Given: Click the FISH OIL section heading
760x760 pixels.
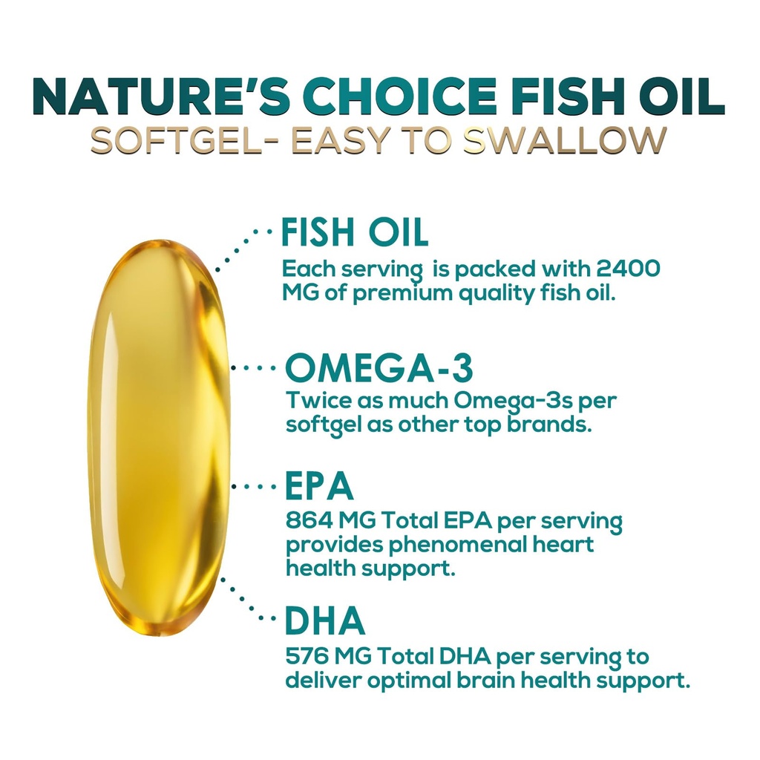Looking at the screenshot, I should click(355, 232).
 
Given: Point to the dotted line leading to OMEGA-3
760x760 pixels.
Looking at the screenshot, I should click(255, 367).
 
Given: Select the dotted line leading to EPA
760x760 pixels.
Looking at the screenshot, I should click(255, 487).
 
